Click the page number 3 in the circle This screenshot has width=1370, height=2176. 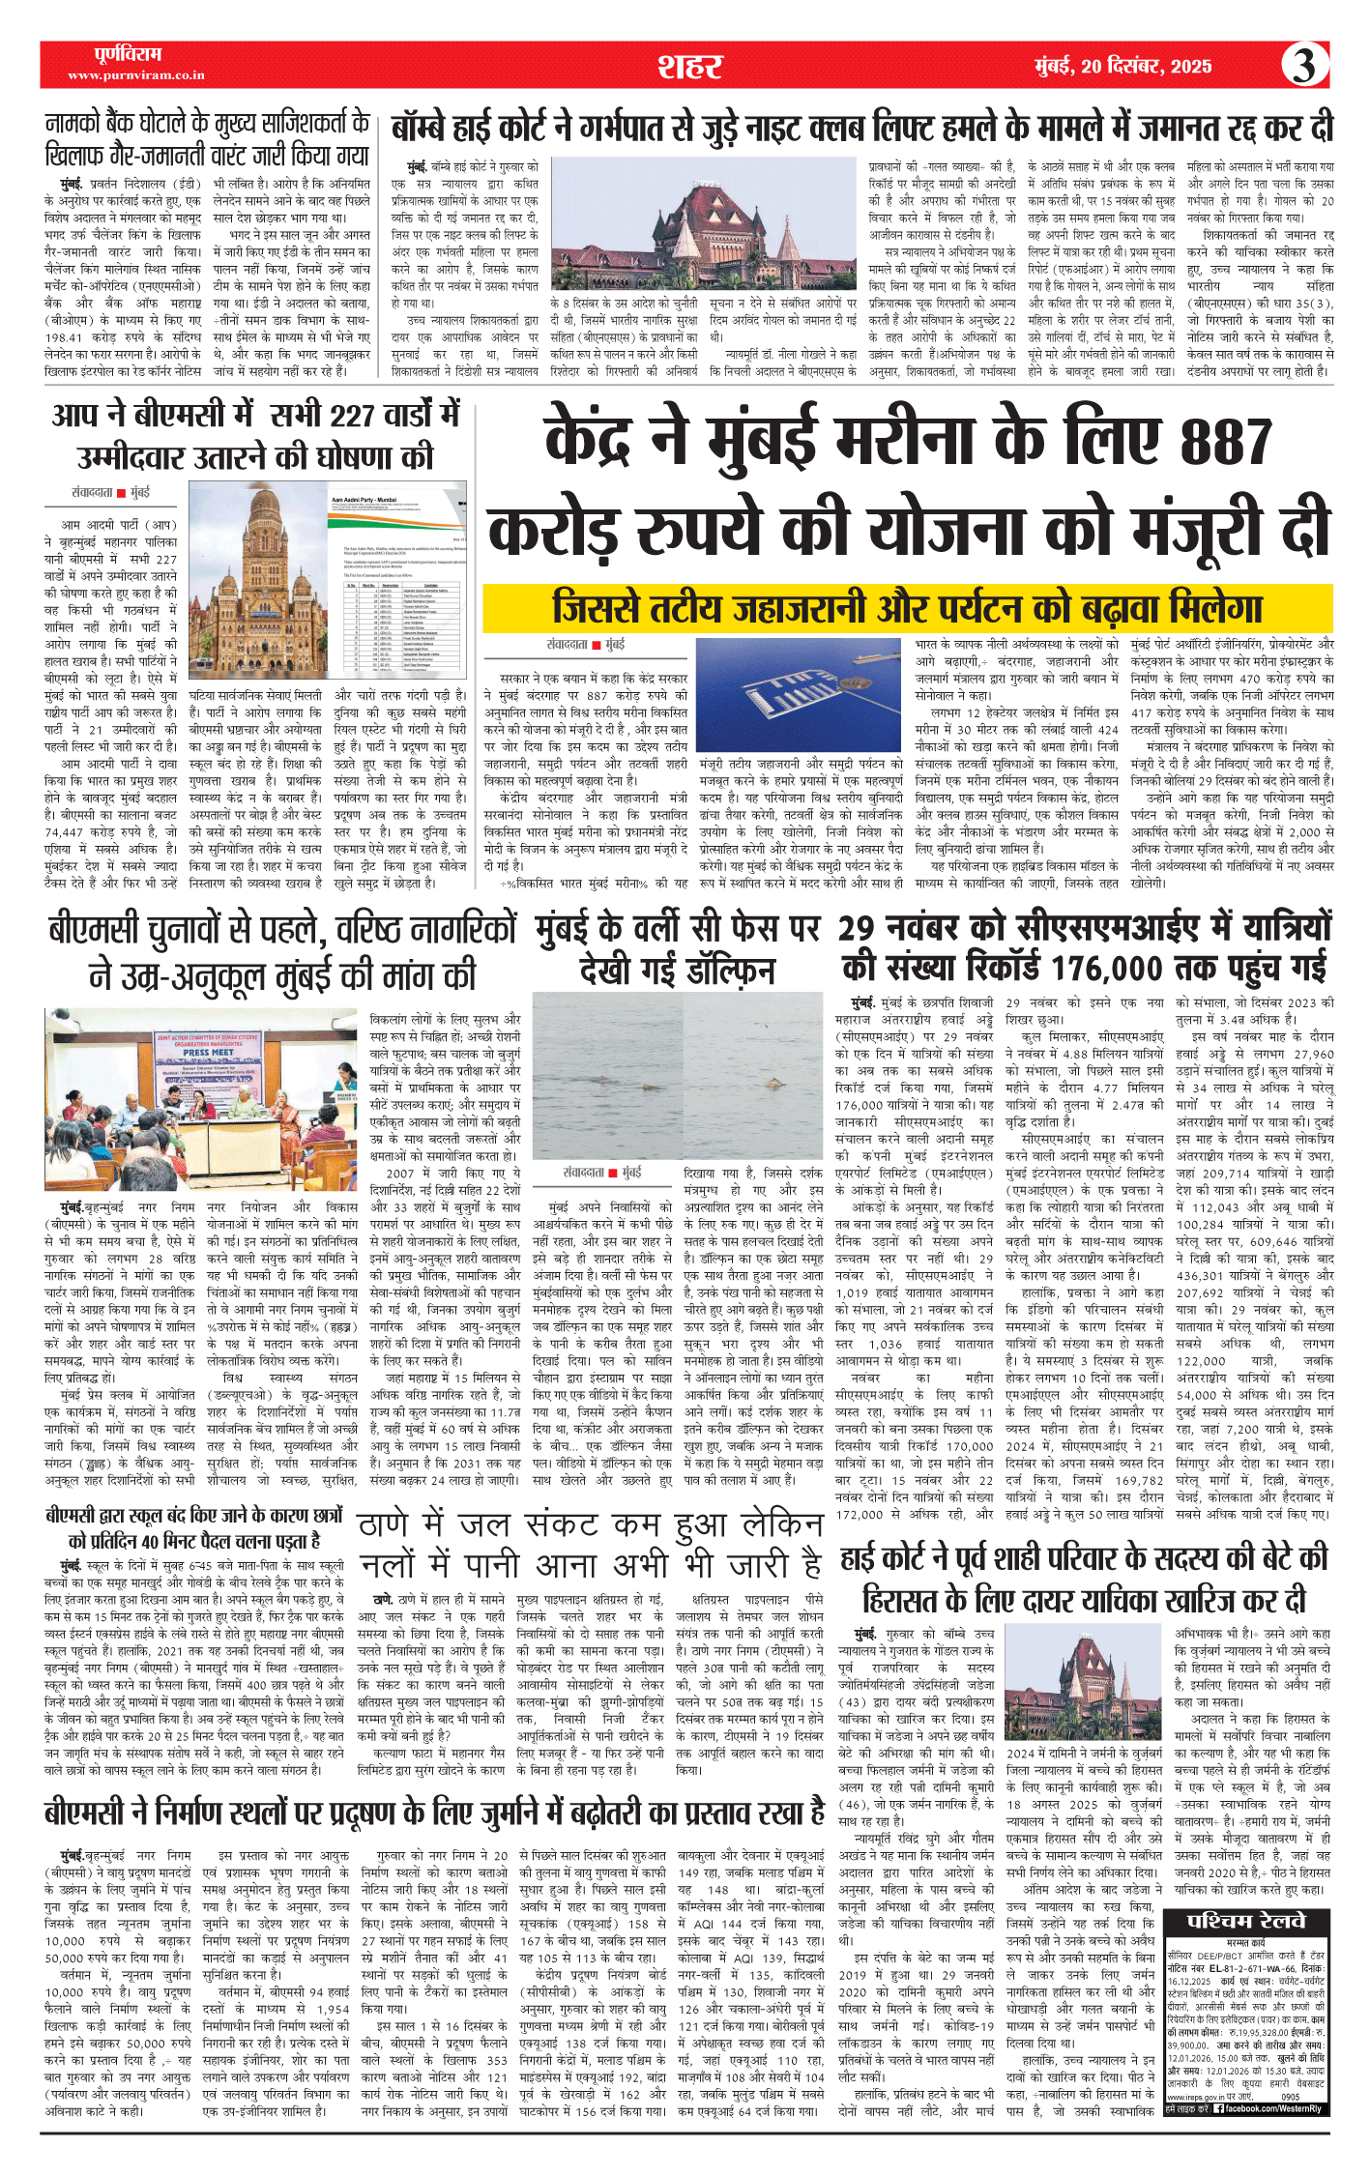(x=1304, y=66)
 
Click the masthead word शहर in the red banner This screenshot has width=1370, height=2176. (x=690, y=67)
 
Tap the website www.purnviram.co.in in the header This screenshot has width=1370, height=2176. (x=135, y=74)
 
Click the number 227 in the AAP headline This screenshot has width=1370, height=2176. (x=353, y=415)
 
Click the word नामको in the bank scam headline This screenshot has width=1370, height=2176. (x=80, y=124)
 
